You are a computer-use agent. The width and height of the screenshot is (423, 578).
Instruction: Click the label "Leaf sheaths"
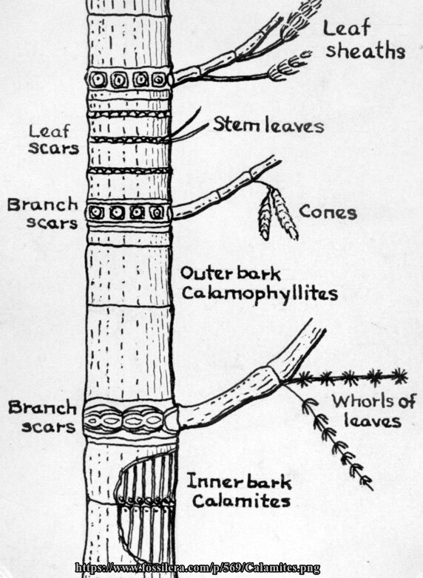tap(365, 40)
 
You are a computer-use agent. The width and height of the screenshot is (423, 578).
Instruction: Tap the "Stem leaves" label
tap(268, 126)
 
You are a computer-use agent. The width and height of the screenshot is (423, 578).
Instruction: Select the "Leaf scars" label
tap(54, 140)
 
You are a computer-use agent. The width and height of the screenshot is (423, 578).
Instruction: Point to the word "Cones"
tap(328, 212)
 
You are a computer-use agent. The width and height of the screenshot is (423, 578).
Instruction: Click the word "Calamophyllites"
tap(260, 294)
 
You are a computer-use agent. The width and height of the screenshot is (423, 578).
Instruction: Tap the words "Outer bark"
tap(231, 273)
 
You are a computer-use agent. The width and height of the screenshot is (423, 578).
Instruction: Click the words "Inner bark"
tap(240, 481)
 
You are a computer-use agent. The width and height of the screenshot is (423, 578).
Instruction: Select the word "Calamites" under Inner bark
tap(241, 501)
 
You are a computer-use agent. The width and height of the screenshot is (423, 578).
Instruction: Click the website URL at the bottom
tap(197, 568)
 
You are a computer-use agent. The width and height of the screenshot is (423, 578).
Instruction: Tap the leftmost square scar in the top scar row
tap(98, 78)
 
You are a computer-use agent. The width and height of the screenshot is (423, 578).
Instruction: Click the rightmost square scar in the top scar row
tap(159, 79)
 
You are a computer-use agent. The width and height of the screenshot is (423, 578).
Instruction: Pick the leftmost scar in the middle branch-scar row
tap(96, 212)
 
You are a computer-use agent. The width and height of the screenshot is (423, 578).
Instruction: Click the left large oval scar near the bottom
tap(103, 419)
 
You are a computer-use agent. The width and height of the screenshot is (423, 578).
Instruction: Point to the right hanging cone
tap(285, 214)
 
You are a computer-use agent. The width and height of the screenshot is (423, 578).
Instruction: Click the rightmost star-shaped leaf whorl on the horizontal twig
tap(399, 375)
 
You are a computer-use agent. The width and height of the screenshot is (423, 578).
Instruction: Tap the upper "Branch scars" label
tap(43, 214)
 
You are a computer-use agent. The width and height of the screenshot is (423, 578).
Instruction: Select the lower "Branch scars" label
tap(42, 417)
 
